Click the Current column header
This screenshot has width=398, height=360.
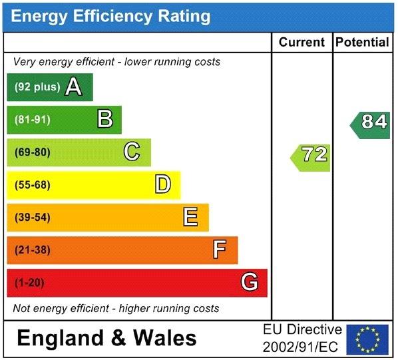(x=301, y=42)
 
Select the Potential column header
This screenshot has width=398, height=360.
(x=362, y=42)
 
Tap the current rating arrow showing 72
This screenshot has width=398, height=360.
(x=310, y=158)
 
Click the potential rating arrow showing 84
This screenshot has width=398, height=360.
(x=370, y=125)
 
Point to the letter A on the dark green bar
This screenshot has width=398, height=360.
(x=74, y=87)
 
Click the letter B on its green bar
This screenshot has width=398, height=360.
(x=105, y=118)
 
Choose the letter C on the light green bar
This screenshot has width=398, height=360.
(x=132, y=151)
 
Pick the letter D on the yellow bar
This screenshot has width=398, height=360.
(x=162, y=184)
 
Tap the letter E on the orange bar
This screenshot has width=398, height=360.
(x=190, y=217)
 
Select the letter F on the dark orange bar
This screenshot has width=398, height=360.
(x=220, y=250)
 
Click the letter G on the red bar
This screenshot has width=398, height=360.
(x=250, y=282)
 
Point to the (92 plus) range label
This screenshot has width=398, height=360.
(x=37, y=87)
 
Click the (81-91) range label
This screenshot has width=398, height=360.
(x=33, y=120)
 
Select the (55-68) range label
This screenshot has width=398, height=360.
(x=33, y=185)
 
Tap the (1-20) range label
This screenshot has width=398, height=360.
(x=29, y=283)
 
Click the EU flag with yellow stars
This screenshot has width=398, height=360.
(x=367, y=339)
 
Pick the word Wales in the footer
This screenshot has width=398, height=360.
(x=165, y=338)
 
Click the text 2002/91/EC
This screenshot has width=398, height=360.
(x=301, y=347)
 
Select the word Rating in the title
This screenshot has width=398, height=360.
(x=184, y=16)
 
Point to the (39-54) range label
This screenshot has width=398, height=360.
(x=33, y=218)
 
